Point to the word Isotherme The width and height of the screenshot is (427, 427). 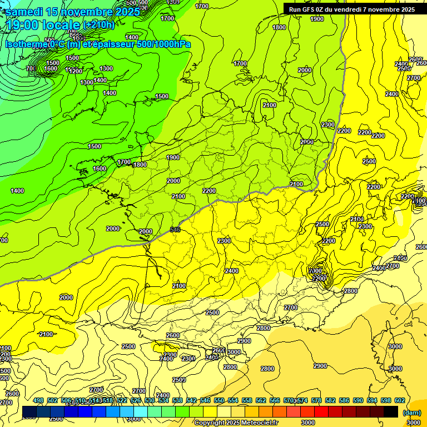26,44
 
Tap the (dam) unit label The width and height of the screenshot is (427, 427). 411,413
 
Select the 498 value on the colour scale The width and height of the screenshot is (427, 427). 38,400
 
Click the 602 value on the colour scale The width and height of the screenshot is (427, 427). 399,400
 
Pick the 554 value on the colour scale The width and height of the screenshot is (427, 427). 233,400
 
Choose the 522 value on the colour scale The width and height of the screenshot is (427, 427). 122,400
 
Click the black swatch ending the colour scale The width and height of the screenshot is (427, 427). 391,411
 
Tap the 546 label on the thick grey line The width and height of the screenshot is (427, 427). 175,229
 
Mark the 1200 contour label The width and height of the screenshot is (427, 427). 76,71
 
